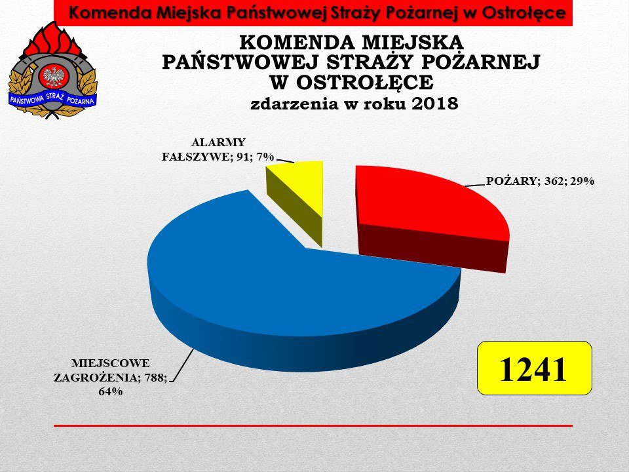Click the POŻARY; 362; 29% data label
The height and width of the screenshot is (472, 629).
pyautogui.click(x=540, y=181)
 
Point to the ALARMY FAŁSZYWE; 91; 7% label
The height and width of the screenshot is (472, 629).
pyautogui.click(x=218, y=149)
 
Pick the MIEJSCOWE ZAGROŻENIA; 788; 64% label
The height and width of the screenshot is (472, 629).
pyautogui.click(x=111, y=378)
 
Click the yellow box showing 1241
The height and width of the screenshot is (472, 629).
pyautogui.click(x=535, y=368)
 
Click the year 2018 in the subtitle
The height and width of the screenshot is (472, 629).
pyautogui.click(x=435, y=104)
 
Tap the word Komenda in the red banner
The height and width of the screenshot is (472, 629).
pyautogui.click(x=110, y=13)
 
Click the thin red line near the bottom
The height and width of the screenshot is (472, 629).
pyautogui.click(x=313, y=425)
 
